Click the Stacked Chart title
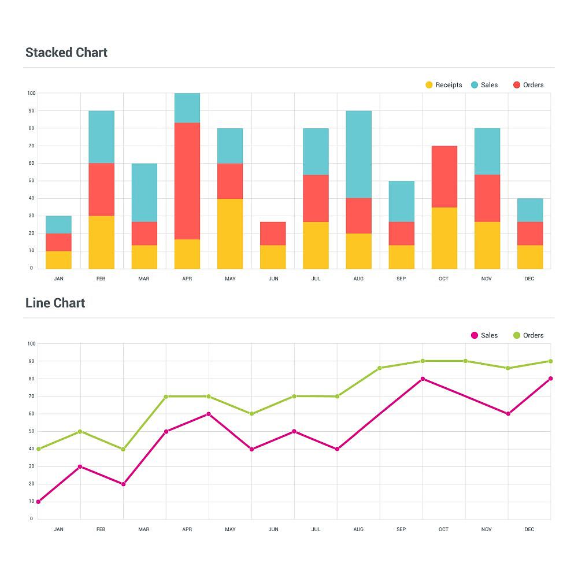(66, 53)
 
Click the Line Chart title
(55, 303)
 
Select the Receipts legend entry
(443, 85)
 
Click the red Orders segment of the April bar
(187, 181)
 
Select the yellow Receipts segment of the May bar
(230, 234)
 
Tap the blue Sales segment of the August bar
(358, 154)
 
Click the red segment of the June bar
(273, 234)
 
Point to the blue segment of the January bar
(58, 225)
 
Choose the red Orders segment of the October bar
(444, 176)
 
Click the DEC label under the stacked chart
(529, 279)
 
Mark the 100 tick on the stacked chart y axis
(31, 93)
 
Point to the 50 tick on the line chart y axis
(31, 431)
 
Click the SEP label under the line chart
(401, 529)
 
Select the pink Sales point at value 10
(38, 502)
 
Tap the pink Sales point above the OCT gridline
(423, 379)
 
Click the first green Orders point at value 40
(38, 449)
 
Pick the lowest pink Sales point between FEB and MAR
(123, 484)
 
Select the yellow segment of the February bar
(101, 242)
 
